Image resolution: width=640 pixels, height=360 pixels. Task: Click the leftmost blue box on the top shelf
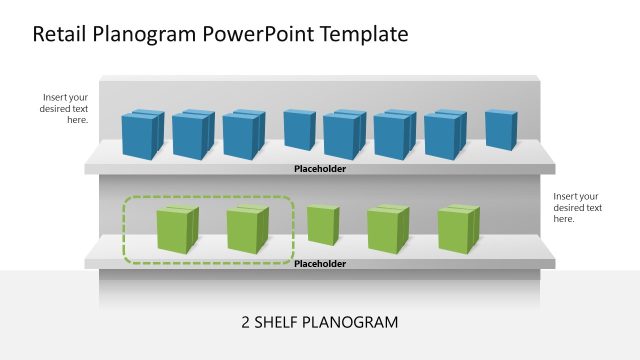[142, 134]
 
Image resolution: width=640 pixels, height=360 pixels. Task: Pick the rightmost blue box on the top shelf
[500, 130]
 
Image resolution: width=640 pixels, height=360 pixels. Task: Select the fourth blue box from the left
[299, 130]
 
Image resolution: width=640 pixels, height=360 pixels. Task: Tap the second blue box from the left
[193, 134]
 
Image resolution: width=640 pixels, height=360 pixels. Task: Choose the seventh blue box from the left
[444, 134]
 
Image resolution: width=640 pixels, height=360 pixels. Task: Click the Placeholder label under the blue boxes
[320, 169]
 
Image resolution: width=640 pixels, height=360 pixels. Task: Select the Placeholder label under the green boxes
[320, 264]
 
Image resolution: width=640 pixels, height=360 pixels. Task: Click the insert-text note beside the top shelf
[65, 108]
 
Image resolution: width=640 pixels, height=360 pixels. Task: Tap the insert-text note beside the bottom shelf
[578, 207]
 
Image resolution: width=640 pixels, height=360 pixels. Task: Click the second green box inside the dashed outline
[247, 229]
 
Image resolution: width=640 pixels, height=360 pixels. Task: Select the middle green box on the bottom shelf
[322, 225]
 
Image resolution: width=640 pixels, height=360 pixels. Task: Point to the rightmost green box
[458, 229]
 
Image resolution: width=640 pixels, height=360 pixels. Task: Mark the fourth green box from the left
[388, 229]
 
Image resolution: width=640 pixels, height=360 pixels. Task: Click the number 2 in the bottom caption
[246, 323]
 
